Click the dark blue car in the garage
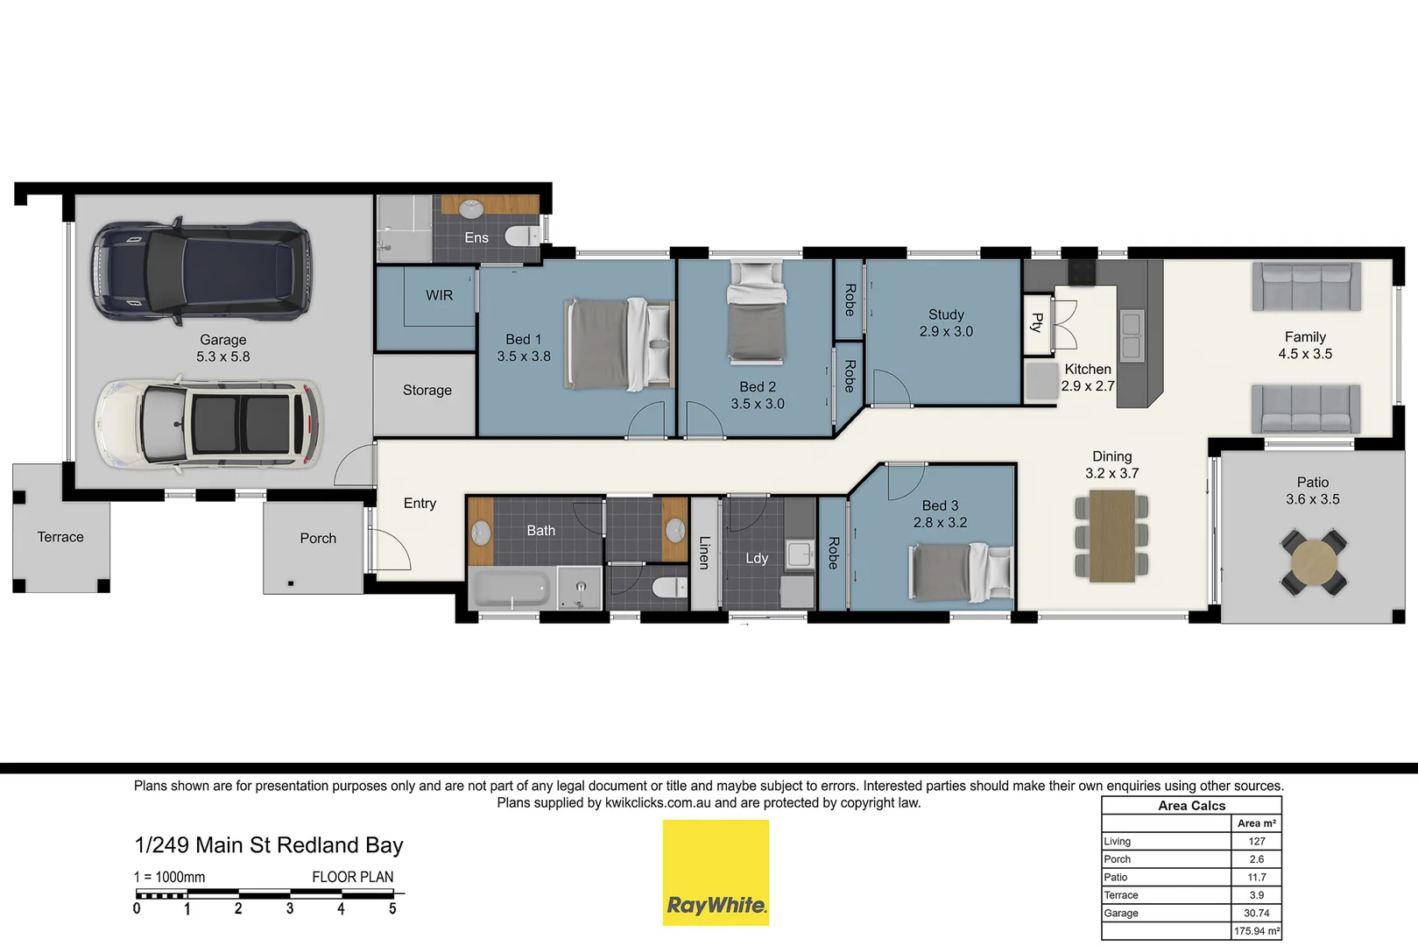201,270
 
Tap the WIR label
439,296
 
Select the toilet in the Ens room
523,235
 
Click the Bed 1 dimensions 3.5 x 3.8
524,357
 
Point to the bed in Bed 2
757,313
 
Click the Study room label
946,314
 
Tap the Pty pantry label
1037,322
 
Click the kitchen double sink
1131,336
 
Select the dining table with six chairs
1112,535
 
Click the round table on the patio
1313,561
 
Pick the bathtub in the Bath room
511,589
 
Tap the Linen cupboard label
704,553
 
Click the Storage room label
427,391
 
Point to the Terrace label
60,537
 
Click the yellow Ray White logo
716,872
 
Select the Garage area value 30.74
1256,913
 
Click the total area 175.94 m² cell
1256,931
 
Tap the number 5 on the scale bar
392,909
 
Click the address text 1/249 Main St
201,845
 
